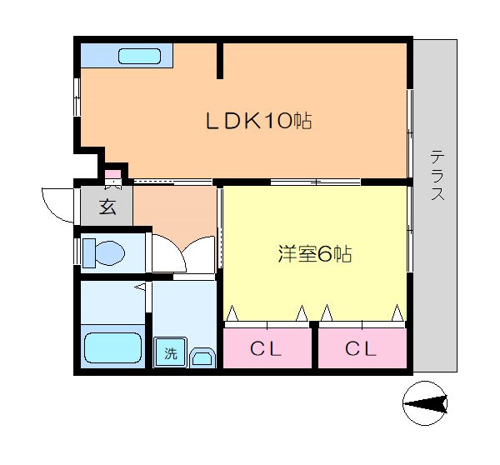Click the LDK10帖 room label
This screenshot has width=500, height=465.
click(x=258, y=122)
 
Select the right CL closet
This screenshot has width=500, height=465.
click(x=362, y=348)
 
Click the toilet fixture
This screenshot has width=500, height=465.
click(x=104, y=252)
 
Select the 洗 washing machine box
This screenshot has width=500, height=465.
click(x=170, y=352)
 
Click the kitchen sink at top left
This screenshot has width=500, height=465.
click(x=137, y=57)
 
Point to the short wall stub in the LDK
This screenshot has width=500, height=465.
click(x=220, y=60)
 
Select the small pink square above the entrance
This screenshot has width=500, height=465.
click(x=112, y=177)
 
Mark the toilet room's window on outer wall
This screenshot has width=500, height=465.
click(x=77, y=252)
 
